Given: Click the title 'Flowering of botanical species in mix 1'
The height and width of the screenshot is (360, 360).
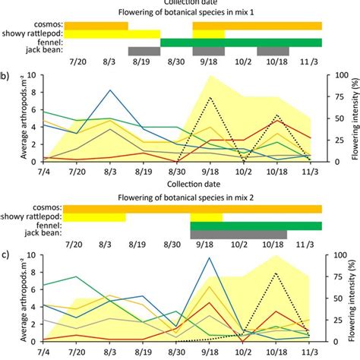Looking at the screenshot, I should click(180, 13).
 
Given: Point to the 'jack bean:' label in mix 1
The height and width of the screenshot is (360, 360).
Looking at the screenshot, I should click(43, 52).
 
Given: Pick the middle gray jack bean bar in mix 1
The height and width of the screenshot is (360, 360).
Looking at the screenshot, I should click(209, 51).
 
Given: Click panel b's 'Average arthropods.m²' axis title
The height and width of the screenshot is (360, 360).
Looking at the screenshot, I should click(11, 119).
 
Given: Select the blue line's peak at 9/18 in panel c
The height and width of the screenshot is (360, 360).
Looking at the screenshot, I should click(209, 257).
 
